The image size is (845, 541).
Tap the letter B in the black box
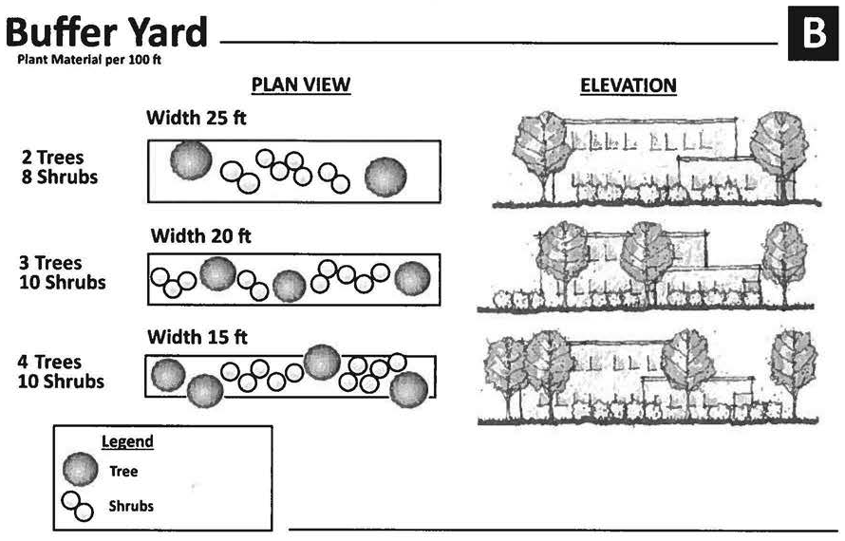pos(814,34)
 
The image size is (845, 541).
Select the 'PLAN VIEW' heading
pos(301,85)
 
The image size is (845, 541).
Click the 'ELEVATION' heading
pos(628,86)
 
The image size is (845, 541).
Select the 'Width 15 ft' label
pos(197,337)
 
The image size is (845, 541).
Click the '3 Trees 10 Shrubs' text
pos(63,272)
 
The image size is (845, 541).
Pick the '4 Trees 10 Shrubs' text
pos(63,372)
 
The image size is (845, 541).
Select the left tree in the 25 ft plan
pos(191,160)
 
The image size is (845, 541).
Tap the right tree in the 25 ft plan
pos(386,177)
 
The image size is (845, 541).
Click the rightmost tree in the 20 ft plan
pos(412,279)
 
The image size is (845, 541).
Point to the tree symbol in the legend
pos(81,470)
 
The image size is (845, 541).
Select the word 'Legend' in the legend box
pos(127,442)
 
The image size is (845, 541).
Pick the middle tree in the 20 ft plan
pos(289,285)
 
